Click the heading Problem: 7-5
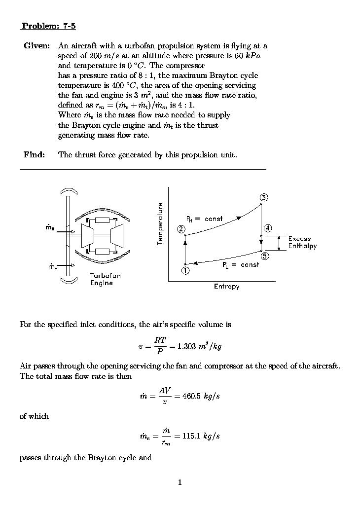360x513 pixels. [x=48, y=26]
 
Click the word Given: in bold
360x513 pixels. [x=36, y=46]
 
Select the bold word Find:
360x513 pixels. [x=34, y=155]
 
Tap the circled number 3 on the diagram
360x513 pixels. [x=264, y=198]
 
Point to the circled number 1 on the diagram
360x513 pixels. [x=185, y=270]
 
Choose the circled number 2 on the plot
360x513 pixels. [x=181, y=229]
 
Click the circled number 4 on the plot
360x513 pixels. [x=267, y=228]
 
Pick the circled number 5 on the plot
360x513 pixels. [x=265, y=256]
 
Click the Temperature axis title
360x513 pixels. [x=160, y=223]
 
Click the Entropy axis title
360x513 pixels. [x=226, y=286]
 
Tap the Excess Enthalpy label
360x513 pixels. [x=302, y=242]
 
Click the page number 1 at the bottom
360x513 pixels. [x=180, y=482]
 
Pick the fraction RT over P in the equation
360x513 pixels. [x=159, y=346]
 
